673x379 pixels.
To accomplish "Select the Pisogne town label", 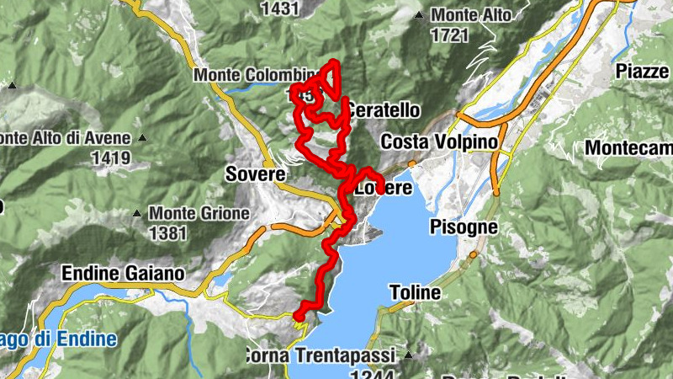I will click(x=464, y=227).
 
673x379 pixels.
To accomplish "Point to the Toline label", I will click(x=416, y=293).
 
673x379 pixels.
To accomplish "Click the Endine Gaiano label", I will click(x=123, y=274).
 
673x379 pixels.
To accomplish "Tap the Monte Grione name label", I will click(x=199, y=213).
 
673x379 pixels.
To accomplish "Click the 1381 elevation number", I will click(x=167, y=232).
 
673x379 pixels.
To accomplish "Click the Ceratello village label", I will click(x=384, y=110).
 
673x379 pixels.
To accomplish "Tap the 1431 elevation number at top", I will click(x=281, y=8).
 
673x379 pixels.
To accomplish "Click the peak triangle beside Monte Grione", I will click(x=138, y=213).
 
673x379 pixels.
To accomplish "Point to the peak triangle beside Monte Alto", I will click(x=419, y=15).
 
